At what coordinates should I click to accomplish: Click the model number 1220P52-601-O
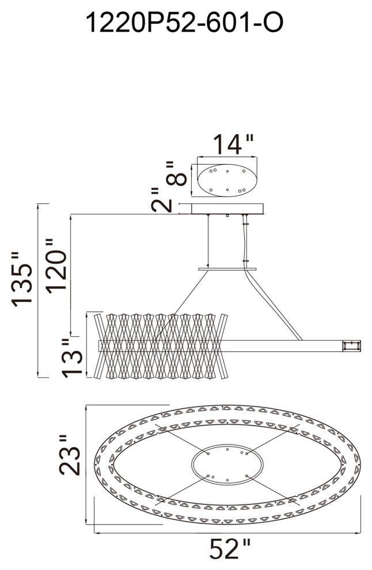184,22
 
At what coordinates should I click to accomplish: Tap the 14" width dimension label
233,145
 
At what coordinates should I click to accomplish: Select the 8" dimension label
176,174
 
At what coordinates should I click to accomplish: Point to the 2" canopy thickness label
161,200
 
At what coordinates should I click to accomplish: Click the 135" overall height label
22,279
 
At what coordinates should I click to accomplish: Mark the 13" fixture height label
72,359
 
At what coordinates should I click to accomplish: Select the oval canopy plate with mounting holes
227,180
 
